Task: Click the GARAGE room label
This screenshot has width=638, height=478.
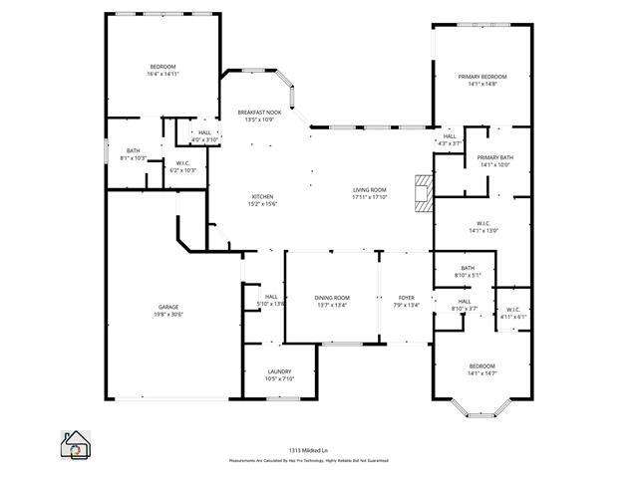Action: click(x=167, y=307)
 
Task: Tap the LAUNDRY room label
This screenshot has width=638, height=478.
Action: click(x=278, y=371)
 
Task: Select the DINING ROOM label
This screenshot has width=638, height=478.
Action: click(x=332, y=298)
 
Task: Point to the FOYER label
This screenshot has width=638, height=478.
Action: click(x=406, y=298)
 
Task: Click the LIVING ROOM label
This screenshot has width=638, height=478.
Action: click(x=369, y=190)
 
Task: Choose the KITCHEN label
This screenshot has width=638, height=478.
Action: click(x=262, y=196)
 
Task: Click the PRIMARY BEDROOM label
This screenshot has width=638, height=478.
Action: click(x=482, y=77)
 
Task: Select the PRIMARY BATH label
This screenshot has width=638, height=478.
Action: click(x=494, y=158)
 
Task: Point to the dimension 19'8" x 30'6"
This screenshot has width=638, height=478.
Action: click(x=167, y=314)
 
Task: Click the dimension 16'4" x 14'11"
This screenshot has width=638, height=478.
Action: click(x=162, y=74)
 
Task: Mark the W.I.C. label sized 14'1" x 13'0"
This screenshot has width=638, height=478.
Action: click(x=482, y=223)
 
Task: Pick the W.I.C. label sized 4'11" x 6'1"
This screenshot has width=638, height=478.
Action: click(x=513, y=309)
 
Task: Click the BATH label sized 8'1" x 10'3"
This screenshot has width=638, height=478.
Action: click(x=134, y=151)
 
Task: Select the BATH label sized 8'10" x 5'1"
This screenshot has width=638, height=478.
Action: click(x=468, y=268)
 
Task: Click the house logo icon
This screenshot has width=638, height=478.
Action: click(x=76, y=444)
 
